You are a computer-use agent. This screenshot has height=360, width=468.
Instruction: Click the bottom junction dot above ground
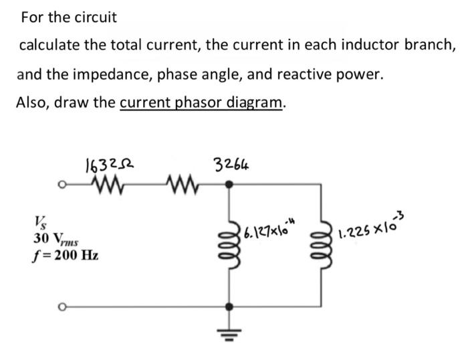pyautogui.click(x=231, y=307)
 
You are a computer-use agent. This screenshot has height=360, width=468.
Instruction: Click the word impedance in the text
pyautogui.click(x=190, y=74)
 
